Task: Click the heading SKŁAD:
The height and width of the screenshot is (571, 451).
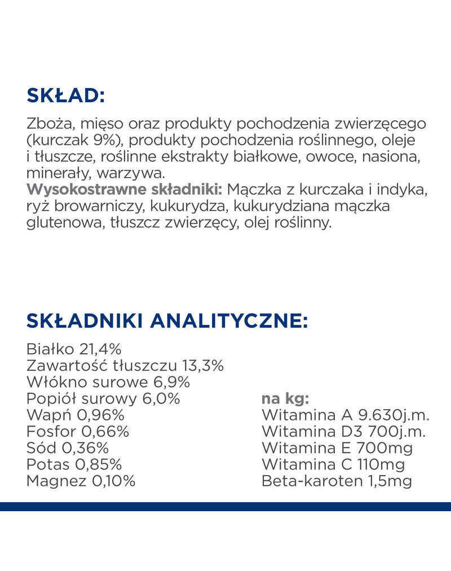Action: point(65,95)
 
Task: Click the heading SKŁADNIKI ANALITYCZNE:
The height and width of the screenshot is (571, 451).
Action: point(167,321)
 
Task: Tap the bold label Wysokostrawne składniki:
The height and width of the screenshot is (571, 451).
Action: point(125,189)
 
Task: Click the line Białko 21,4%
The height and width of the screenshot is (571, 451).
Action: point(74,349)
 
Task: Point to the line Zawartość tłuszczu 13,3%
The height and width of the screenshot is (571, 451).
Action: point(125,366)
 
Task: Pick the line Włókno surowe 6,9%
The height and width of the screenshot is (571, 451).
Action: point(108,383)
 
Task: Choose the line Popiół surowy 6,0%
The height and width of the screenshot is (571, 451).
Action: point(103,399)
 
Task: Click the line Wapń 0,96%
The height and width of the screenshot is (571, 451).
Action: point(76,416)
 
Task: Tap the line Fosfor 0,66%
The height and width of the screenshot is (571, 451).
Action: point(78,432)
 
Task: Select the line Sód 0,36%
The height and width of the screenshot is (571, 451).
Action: point(68,449)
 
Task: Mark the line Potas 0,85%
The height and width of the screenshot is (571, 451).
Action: point(74,465)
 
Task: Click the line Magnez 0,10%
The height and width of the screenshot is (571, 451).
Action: point(81,481)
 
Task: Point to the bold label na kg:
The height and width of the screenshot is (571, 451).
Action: point(285,399)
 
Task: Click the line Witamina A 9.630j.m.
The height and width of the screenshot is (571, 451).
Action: point(346,416)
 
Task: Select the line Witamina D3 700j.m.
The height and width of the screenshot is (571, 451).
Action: point(343,432)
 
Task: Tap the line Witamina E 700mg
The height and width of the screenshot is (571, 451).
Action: point(337,449)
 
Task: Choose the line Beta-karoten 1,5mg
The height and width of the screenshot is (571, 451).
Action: point(337,481)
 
